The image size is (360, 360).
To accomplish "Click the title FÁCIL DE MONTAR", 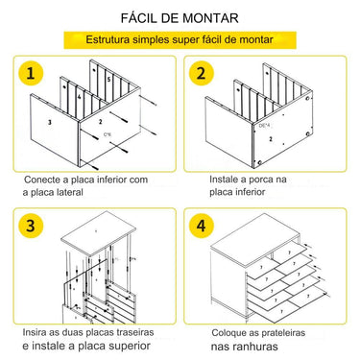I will tap(180, 17).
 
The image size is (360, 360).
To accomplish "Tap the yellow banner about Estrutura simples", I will tap(180, 41).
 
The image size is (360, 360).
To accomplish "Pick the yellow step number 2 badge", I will tap(202, 74).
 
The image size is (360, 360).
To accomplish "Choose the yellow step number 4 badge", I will tap(202, 227).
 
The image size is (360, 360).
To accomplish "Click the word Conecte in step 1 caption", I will tap(41, 179).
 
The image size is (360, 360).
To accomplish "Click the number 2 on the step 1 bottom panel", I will tap(100, 123).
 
